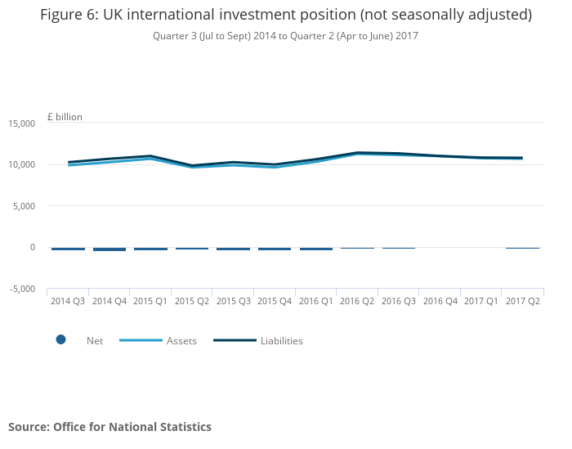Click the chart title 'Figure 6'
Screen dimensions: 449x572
[286, 15]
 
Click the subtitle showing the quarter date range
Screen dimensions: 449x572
[285, 36]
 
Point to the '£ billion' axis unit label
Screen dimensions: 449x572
[65, 117]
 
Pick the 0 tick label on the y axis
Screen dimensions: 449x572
[32, 247]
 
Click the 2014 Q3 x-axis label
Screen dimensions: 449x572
[68, 302]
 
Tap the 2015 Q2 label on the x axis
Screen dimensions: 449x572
[192, 302]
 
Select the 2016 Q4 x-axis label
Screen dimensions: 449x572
[440, 302]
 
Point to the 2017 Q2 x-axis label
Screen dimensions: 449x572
[522, 302]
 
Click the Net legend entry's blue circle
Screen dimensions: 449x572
[60, 340]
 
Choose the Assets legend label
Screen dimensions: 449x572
[181, 341]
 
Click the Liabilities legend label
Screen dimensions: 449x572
[281, 341]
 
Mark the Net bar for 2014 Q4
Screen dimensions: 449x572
[109, 249]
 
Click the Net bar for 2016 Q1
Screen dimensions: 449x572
[316, 249]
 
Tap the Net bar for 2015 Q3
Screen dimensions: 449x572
[234, 249]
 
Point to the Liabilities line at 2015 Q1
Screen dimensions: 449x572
[150, 156]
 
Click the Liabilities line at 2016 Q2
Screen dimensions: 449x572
[357, 152]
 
